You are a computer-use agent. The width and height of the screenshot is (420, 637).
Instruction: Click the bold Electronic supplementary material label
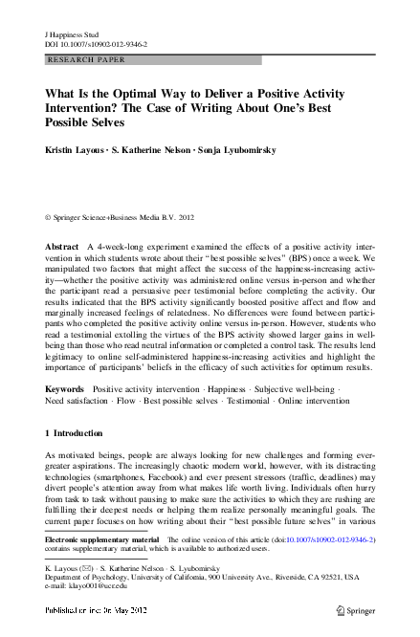pos(102,540)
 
